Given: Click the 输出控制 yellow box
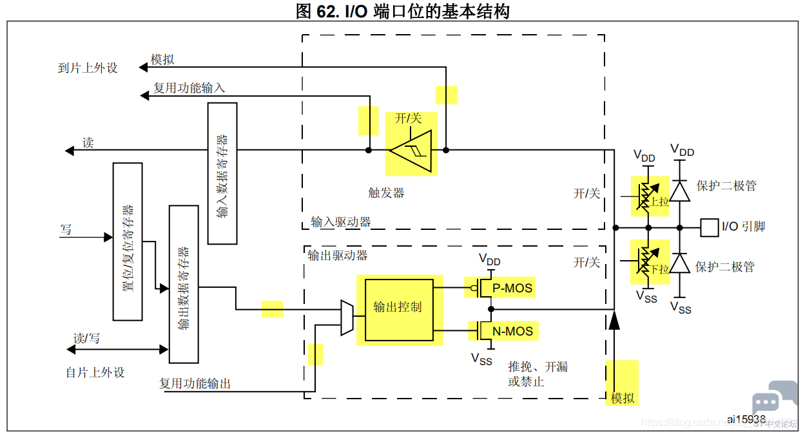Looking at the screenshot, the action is (399, 310).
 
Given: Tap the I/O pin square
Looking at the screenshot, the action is (710, 227).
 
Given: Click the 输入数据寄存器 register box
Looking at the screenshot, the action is (222, 174).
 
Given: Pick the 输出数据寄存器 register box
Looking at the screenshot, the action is (184, 285).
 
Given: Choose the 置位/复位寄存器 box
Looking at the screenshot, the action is (128, 241).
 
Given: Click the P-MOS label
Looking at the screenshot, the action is (512, 288).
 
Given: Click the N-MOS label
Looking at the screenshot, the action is (512, 331).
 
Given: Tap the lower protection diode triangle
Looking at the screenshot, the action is (680, 263).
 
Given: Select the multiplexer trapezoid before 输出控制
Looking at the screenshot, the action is (347, 317).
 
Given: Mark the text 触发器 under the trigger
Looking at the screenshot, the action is (386, 193).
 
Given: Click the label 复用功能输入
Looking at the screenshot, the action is (189, 88).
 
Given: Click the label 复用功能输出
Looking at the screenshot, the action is (195, 384).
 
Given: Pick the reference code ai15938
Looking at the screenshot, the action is (746, 419).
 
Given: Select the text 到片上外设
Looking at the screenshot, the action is (88, 68).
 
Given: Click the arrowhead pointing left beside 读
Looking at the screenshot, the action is (69, 151).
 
